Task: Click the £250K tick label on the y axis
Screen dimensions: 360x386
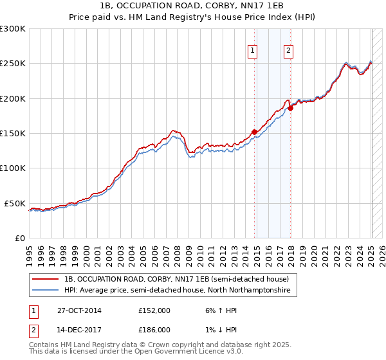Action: point(13,64)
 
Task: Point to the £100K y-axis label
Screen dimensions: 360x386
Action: point(13,168)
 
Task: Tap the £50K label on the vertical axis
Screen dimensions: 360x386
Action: point(15,203)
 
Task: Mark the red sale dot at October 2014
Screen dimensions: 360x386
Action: point(254,132)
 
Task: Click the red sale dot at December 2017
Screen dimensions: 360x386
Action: point(290,108)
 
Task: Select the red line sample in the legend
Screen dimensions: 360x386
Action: point(46,280)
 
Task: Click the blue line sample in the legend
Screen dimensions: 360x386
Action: point(46,291)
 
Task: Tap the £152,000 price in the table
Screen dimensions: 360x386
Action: point(154,310)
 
